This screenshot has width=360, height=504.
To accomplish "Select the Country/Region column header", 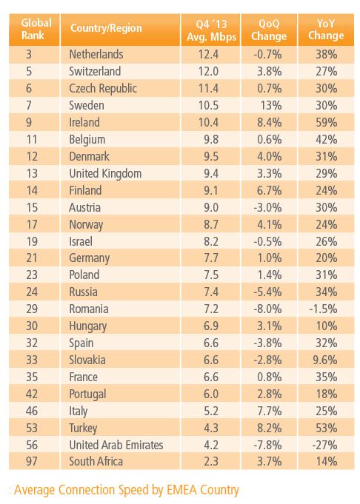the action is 106,28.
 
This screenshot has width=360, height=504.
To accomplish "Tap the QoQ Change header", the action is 269,30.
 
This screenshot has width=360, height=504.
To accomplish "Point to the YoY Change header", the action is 326,30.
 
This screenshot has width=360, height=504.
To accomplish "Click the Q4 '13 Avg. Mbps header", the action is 211,30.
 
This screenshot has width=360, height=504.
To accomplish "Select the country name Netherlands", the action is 96,54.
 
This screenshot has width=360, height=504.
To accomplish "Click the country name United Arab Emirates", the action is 116,446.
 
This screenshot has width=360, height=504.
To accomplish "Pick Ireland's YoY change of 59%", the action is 326,122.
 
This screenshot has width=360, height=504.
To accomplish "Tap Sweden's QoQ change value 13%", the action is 271,105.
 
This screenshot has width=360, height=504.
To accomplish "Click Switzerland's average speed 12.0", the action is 208,71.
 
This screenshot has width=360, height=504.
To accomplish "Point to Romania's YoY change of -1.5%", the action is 323,309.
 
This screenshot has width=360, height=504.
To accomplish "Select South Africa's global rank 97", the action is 32,462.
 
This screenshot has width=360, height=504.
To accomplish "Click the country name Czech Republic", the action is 103,88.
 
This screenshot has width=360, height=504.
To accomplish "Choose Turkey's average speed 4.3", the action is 211,429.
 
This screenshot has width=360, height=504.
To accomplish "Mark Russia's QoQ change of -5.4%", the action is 267,292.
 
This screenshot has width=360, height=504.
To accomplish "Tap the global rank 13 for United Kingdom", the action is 32,174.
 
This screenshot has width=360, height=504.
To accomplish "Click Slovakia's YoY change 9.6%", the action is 325,360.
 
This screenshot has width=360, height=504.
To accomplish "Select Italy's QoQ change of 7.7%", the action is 270,411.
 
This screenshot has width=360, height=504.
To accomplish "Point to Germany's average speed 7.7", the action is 211,258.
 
